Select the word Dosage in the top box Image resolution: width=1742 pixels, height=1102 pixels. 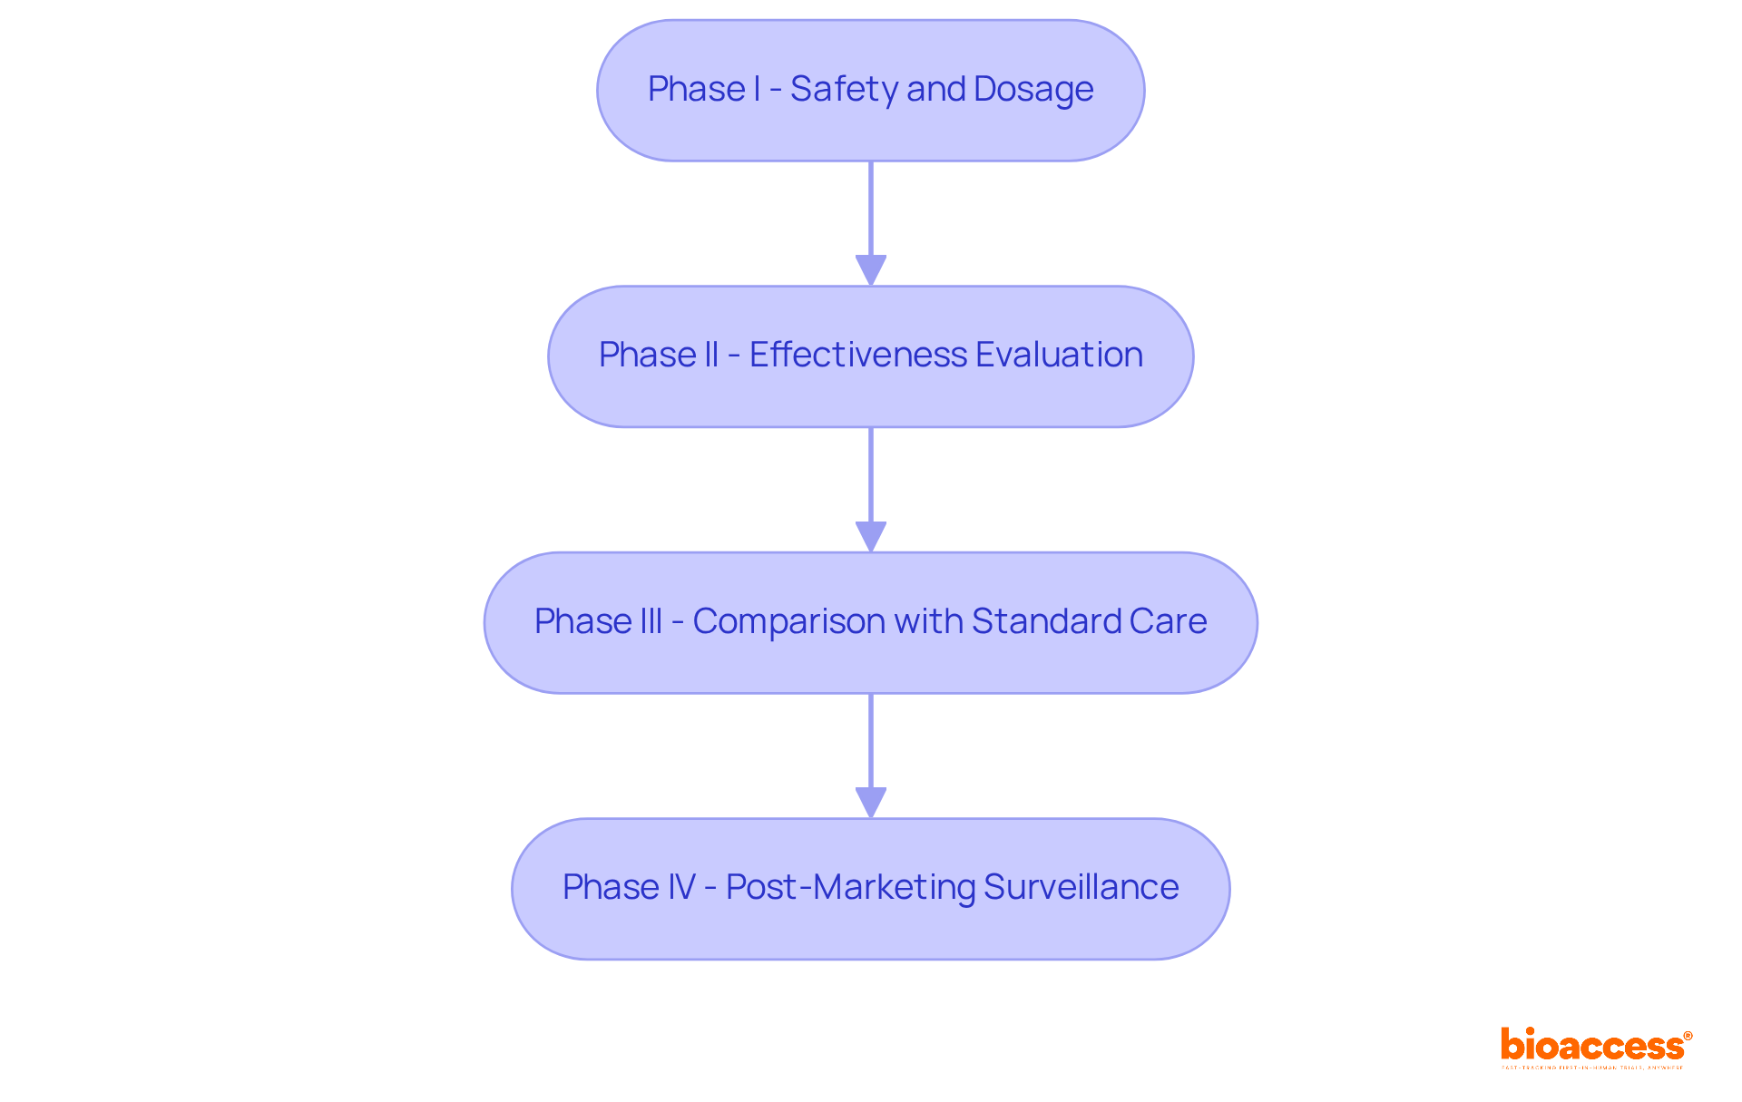(x=1033, y=90)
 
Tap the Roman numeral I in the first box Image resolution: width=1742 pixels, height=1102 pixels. (x=756, y=90)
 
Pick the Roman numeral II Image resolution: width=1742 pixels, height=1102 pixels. (x=710, y=356)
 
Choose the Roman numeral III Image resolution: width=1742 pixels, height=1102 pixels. (x=649, y=622)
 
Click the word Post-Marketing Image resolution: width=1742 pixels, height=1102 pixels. (x=850, y=888)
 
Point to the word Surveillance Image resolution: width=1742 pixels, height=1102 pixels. (x=1081, y=888)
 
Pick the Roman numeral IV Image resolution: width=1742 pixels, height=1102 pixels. (x=680, y=888)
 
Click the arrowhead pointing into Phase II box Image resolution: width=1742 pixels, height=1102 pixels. (x=871, y=270)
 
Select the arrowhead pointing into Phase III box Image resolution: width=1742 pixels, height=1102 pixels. (x=871, y=537)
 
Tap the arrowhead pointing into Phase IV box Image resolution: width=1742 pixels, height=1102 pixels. (x=871, y=803)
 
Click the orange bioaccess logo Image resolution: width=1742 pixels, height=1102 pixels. (x=1591, y=1045)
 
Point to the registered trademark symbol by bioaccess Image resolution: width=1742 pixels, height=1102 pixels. (x=1688, y=1036)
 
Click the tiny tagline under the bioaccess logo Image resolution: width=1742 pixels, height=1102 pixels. (x=1591, y=1068)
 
